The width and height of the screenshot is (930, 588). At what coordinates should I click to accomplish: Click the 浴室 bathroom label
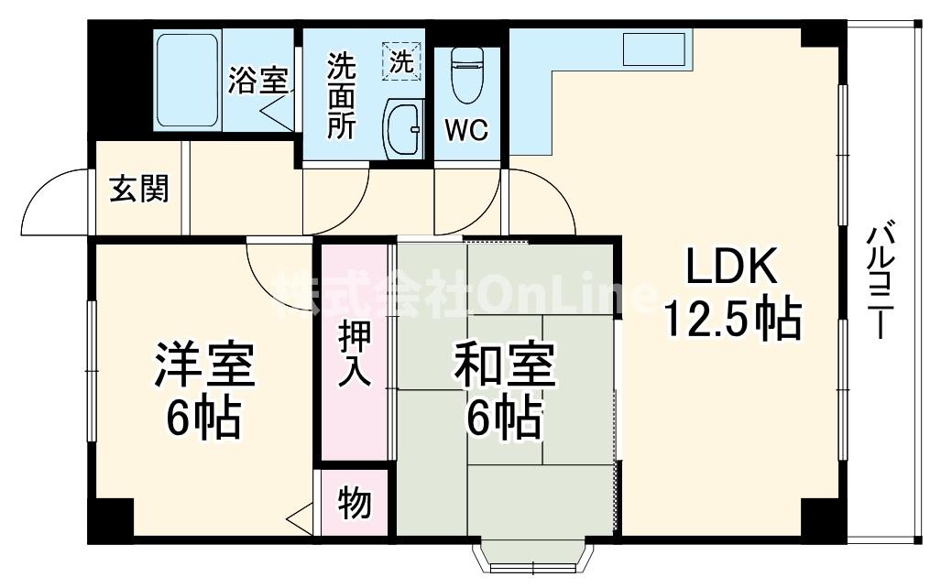(x=257, y=81)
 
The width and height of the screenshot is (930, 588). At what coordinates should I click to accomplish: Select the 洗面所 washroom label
(x=342, y=95)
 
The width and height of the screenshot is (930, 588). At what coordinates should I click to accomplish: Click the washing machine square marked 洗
(x=403, y=60)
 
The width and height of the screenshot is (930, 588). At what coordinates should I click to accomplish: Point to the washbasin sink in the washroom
(x=401, y=130)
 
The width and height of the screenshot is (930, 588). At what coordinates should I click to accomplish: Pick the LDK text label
(x=733, y=269)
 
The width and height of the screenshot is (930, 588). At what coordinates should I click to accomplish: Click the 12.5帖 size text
(x=733, y=319)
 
